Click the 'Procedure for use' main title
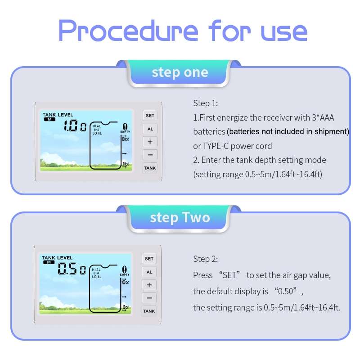183,31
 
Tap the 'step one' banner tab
180,72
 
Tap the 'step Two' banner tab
180,217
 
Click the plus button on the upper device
150,142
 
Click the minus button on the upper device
150,155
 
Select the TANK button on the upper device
150,168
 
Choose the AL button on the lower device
149,272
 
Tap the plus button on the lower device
149,285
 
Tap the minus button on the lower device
149,298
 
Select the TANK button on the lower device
149,311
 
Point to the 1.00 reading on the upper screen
75,126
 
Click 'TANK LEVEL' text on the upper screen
58,115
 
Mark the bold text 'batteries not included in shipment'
288,132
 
